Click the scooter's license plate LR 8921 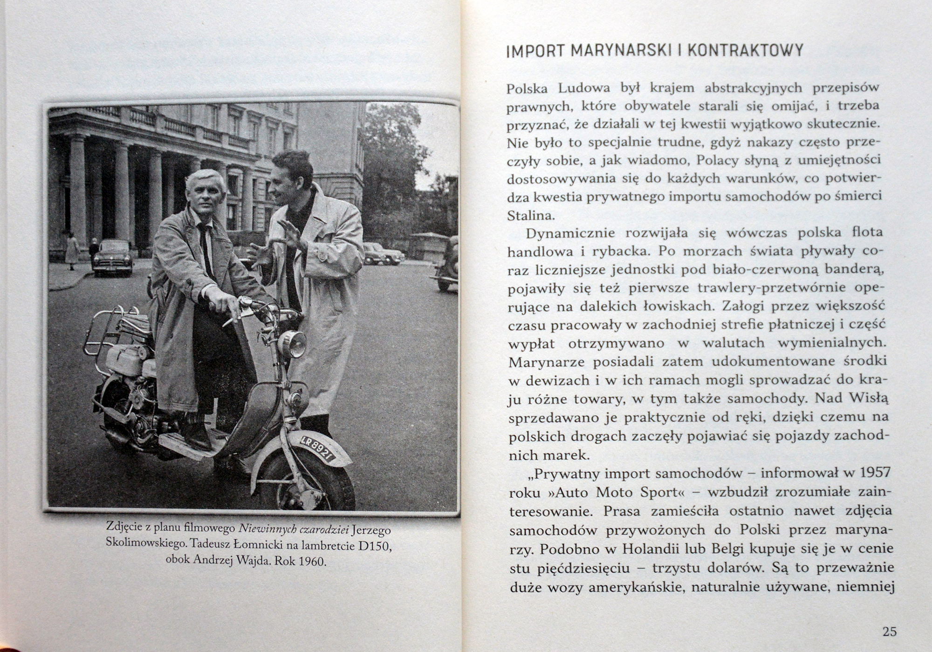318,449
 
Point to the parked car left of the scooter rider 112,257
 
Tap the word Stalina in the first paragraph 525,216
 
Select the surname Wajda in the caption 254,560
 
